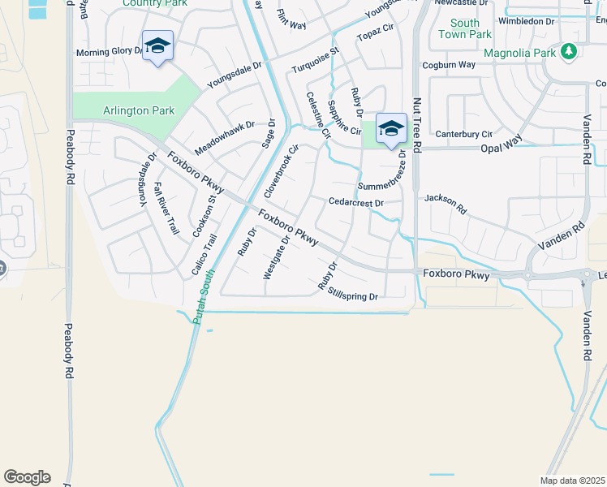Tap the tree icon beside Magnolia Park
(570, 52)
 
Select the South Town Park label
(465, 29)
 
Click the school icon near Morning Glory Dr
(157, 45)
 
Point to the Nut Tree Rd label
(417, 126)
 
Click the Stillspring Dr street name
(354, 296)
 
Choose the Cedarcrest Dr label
(355, 202)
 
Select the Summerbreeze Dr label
(381, 185)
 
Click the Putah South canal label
(203, 296)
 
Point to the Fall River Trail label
(166, 209)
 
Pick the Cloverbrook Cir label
(282, 171)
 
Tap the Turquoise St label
(316, 62)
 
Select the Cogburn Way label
(448, 65)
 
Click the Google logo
(27, 477)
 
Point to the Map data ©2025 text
(571, 481)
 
